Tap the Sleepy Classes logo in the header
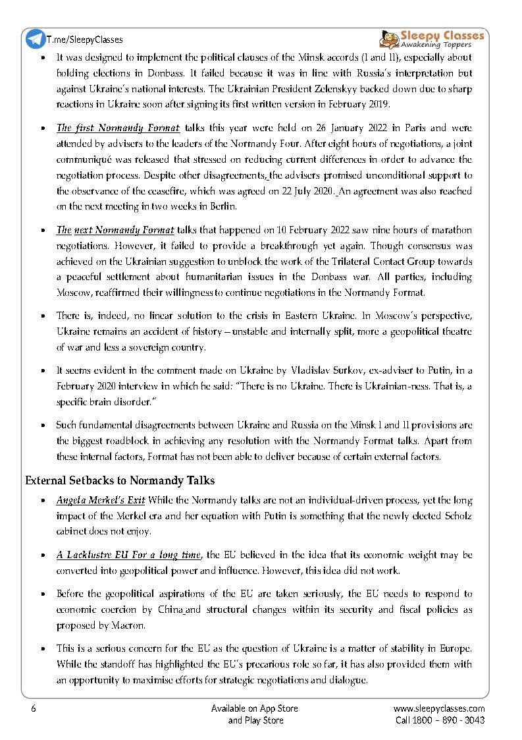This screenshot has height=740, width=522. tap(432, 39)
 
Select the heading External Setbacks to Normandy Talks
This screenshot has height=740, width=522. tap(120, 480)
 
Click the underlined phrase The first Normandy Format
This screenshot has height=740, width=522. tap(109, 127)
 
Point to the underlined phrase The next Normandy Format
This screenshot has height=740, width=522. tap(115, 230)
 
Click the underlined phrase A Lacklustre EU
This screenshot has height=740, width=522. tap(95, 555)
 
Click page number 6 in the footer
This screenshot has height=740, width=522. tap(32, 708)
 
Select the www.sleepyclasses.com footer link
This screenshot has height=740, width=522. tap(439, 708)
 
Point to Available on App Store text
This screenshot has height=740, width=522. tap(255, 708)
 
